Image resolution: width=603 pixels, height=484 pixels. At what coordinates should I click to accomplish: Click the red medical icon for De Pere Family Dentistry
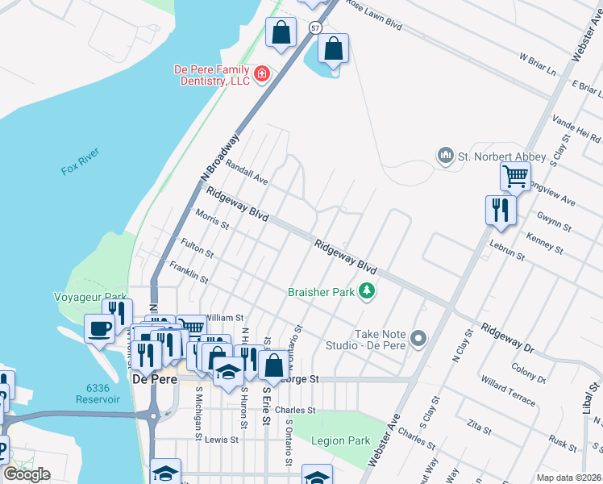(x=261, y=75)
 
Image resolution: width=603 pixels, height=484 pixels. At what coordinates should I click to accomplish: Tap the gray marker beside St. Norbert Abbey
(x=444, y=154)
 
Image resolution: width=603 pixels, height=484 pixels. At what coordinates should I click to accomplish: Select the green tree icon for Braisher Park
(x=367, y=290)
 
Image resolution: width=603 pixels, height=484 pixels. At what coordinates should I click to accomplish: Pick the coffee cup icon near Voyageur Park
(x=100, y=328)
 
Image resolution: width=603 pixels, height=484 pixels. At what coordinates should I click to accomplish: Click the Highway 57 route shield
(x=314, y=27)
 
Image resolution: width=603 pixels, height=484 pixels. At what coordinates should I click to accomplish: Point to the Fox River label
(x=80, y=171)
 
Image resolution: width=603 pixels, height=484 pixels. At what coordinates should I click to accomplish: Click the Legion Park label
(x=343, y=441)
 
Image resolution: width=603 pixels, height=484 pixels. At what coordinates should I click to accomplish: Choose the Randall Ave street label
(x=247, y=172)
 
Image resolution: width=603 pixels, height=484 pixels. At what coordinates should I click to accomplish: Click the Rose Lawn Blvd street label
(x=373, y=15)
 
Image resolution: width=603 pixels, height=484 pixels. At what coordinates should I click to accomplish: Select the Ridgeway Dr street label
(x=508, y=337)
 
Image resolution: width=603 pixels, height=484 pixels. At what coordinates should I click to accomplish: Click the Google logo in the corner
(x=27, y=474)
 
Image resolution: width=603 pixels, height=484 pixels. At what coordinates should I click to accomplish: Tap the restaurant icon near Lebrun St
(x=500, y=209)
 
